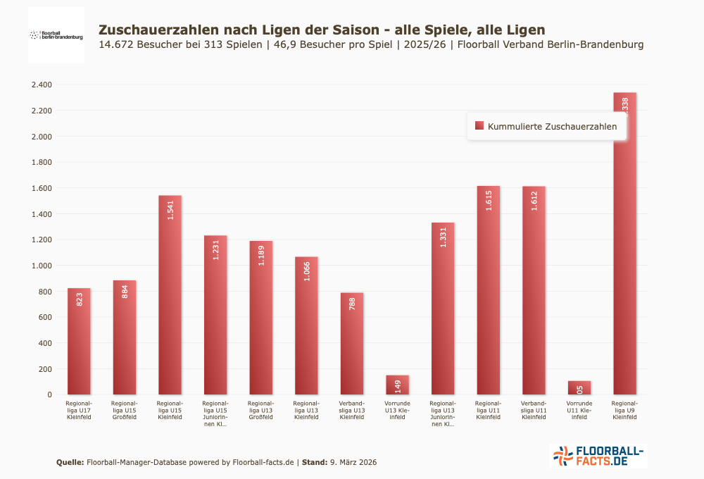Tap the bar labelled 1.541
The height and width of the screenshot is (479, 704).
tap(170, 296)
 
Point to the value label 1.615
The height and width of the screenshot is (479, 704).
tap(489, 200)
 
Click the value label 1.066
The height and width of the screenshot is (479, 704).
tap(306, 270)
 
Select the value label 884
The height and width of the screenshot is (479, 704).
tap(125, 291)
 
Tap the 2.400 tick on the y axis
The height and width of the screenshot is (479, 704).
tap(42, 85)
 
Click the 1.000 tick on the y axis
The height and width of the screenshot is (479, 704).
tap(42, 266)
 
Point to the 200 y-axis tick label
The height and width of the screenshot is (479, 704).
tap(45, 369)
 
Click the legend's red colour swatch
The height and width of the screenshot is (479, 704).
tap(479, 125)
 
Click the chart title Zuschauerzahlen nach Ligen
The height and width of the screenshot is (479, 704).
tap(321, 30)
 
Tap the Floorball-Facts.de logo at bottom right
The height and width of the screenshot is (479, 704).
tap(598, 456)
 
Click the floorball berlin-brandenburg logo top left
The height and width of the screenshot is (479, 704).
tap(56, 35)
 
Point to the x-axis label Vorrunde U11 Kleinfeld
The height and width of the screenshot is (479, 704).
tap(579, 410)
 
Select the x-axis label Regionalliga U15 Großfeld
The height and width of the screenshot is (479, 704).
tap(125, 410)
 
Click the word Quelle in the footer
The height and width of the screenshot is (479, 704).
tap(70, 462)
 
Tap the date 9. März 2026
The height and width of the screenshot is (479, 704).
tap(353, 462)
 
